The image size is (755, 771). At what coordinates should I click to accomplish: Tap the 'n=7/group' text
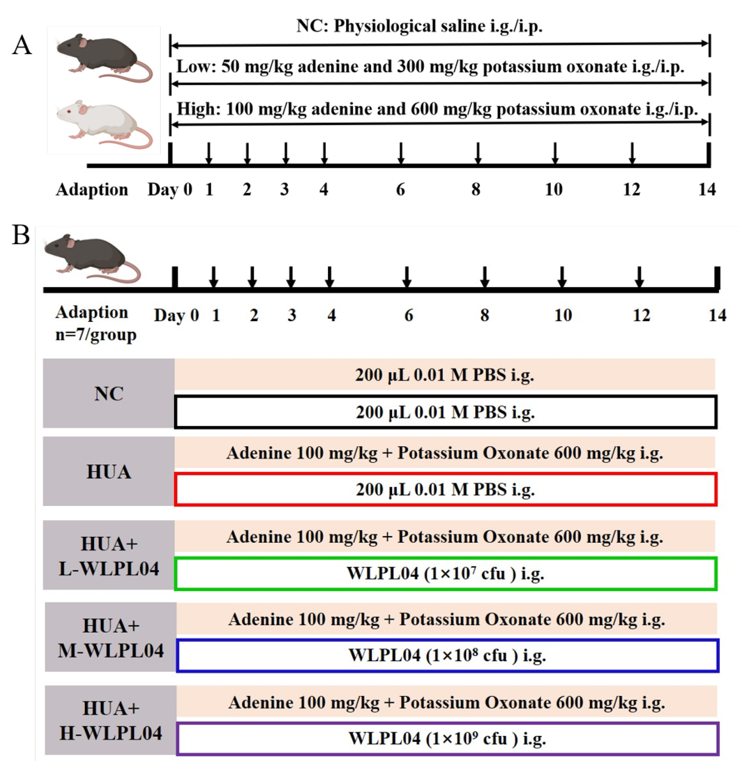tap(96, 335)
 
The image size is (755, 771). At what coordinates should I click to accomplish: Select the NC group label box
tap(109, 393)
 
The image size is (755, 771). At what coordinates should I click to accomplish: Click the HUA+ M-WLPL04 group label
tap(111, 638)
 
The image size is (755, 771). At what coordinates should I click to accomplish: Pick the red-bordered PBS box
tap(445, 489)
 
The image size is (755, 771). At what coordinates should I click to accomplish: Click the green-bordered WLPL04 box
tap(445, 573)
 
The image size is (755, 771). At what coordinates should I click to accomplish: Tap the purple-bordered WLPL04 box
tap(447, 739)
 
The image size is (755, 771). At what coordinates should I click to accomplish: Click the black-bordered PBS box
tap(445, 412)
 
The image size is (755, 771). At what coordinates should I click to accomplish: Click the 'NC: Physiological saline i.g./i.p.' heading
tap(419, 26)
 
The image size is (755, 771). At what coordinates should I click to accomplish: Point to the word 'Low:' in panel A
tap(196, 66)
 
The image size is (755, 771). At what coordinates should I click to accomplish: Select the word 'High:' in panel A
tap(198, 109)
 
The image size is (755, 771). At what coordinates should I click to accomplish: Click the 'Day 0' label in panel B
tap(176, 315)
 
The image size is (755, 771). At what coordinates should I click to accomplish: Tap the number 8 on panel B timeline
tap(484, 315)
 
